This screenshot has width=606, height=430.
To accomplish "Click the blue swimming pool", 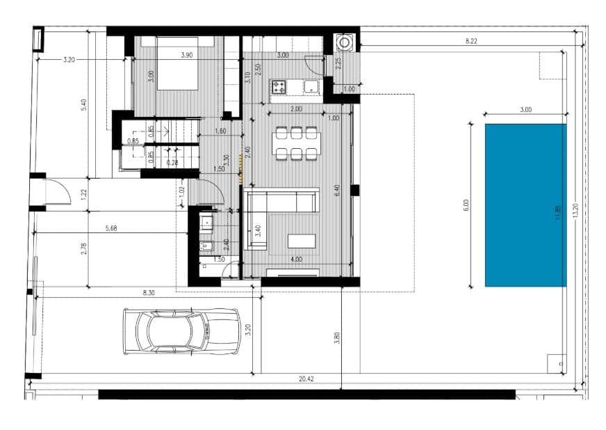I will (x=525, y=205).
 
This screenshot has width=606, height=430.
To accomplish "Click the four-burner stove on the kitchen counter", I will (x=279, y=87).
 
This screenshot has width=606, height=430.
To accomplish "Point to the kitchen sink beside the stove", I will (x=311, y=87).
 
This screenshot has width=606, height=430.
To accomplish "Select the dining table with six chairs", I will (x=297, y=143).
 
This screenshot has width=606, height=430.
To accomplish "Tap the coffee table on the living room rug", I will (x=302, y=240).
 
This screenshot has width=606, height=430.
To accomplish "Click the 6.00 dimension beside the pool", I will (x=466, y=205).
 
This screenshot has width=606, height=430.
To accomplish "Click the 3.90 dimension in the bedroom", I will (x=187, y=54).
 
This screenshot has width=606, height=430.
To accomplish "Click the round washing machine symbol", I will (x=344, y=43).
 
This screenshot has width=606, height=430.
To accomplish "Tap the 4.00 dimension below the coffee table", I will (x=297, y=260).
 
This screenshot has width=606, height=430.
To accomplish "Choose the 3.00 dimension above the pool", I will (x=525, y=110).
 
